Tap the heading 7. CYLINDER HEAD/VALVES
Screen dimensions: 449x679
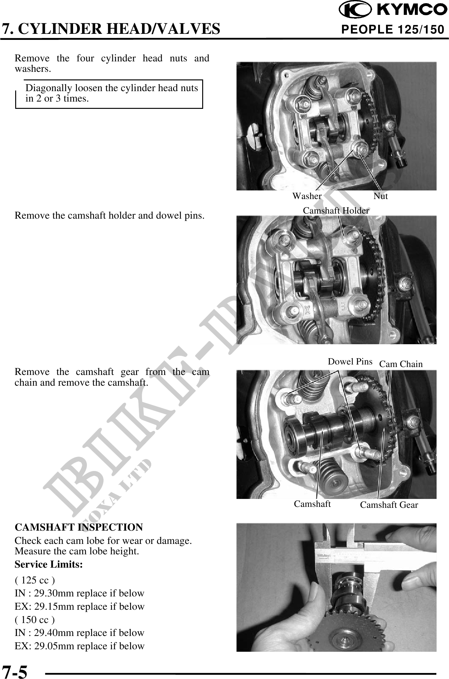pyautogui.click(x=111, y=29)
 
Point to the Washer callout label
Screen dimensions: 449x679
pyautogui.click(x=307, y=196)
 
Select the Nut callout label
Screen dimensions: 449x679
pyautogui.click(x=381, y=196)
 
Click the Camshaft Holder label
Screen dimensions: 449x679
pyautogui.click(x=336, y=210)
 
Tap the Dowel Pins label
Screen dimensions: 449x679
pyautogui.click(x=350, y=362)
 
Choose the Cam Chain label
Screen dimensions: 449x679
pyautogui.click(x=401, y=364)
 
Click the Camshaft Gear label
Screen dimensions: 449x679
pyautogui.click(x=389, y=505)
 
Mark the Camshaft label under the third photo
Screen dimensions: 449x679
pyautogui.click(x=312, y=504)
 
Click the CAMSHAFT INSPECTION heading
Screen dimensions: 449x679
pyautogui.click(x=79, y=527)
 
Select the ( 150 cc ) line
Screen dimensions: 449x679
pyautogui.click(x=35, y=620)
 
